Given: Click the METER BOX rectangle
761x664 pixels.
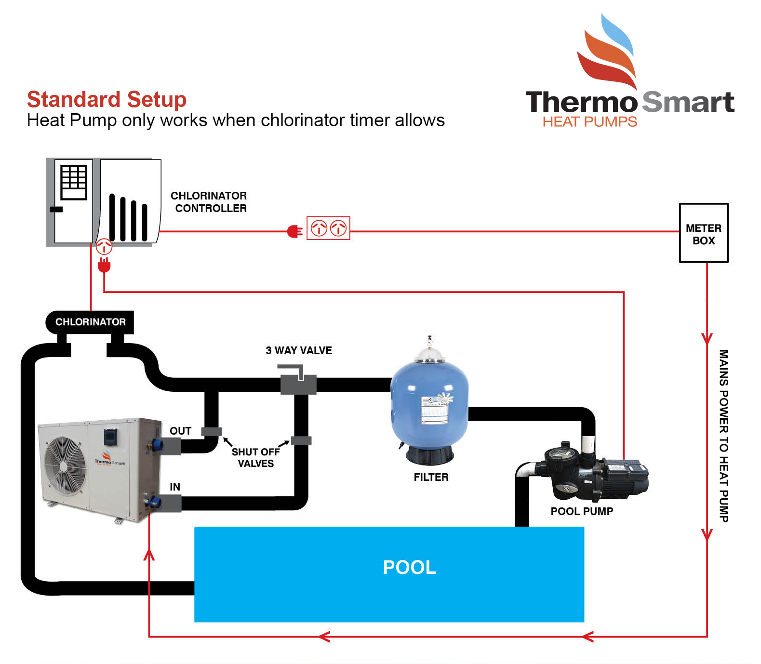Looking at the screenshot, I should point(703,233).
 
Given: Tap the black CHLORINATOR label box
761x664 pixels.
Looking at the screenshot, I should point(90,322).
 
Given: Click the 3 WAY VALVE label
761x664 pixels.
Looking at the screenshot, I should point(299,351).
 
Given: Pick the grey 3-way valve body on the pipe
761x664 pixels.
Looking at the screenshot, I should point(298,384).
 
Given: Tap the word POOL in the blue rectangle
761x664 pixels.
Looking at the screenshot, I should point(409,568).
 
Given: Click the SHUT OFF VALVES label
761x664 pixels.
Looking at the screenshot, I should point(255,458).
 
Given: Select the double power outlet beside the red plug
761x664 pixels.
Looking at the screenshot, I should point(328,228).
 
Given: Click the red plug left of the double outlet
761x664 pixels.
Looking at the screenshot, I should point(294,232).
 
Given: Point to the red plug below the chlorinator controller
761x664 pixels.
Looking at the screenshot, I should point(104,265).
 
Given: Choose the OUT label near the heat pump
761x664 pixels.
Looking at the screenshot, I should point(180,431).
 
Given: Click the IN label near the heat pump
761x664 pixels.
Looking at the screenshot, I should point(175,487).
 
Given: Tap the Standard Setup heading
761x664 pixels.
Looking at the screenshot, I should point(107,100).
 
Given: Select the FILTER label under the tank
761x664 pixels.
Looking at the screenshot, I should point(431,477).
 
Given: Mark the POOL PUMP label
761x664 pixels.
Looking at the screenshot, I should point(582,511).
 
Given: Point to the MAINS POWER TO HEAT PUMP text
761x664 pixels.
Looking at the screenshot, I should point(723,436).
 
